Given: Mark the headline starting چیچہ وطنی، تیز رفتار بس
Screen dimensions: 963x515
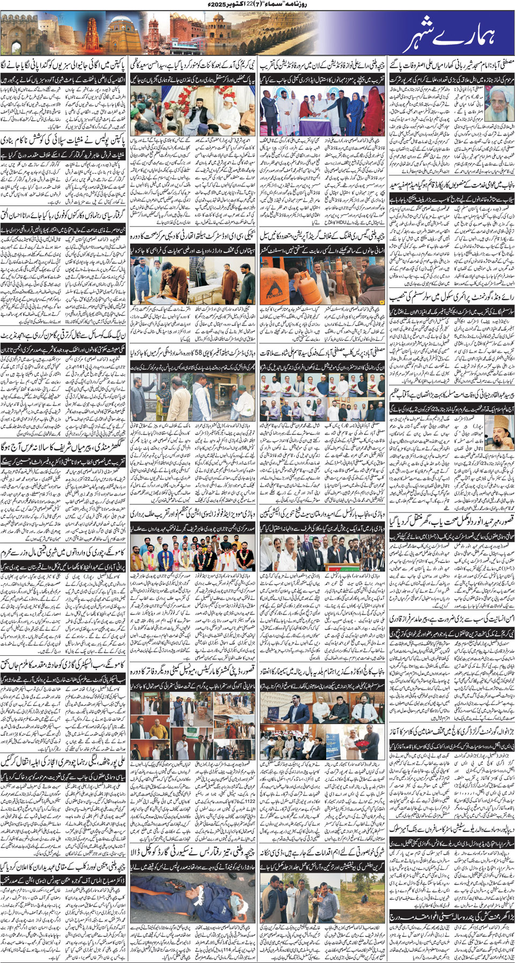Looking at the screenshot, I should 193,848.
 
